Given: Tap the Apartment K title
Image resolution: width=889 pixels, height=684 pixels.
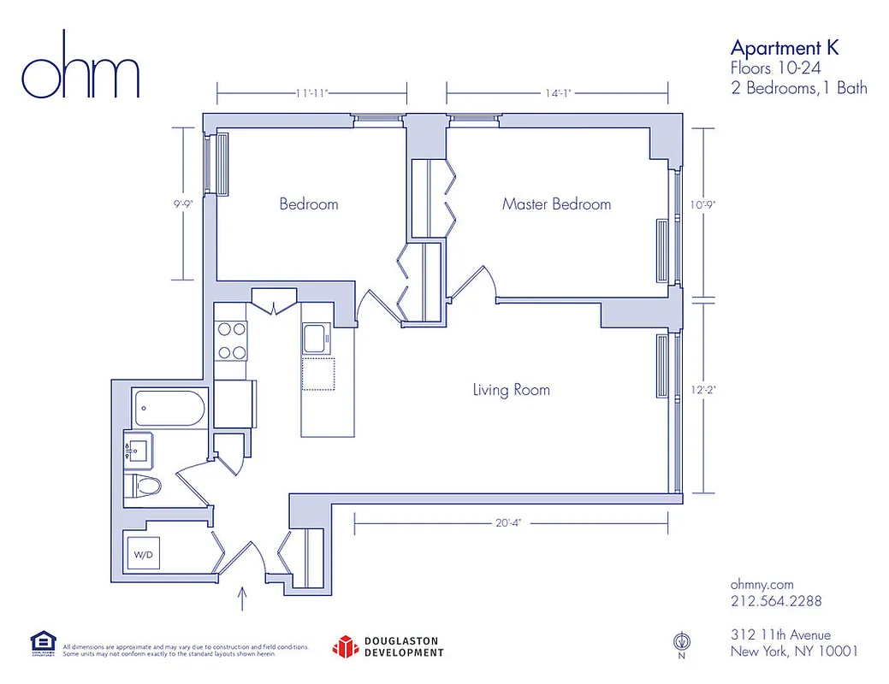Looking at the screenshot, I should tap(784, 47).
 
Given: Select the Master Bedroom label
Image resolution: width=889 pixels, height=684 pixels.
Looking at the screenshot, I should tap(556, 204).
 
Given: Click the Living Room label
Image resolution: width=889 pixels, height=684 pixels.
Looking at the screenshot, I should tap(511, 391).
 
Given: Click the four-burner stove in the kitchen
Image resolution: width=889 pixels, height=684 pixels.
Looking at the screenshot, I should tap(230, 339).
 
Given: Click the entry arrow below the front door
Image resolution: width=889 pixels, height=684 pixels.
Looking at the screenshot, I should tap(246, 597).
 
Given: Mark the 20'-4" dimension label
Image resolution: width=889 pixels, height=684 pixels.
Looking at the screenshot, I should tap(506, 522).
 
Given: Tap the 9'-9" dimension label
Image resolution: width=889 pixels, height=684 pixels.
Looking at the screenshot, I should tap(181, 204).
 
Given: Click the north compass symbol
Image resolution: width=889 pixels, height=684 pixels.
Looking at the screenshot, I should tap(681, 641).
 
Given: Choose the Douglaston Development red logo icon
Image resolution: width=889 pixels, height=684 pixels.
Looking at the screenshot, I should tap(344, 646).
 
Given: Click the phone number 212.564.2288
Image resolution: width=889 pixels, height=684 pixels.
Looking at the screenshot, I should tap(776, 601).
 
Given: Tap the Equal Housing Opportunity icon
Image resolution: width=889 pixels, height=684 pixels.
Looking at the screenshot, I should tap(43, 644).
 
